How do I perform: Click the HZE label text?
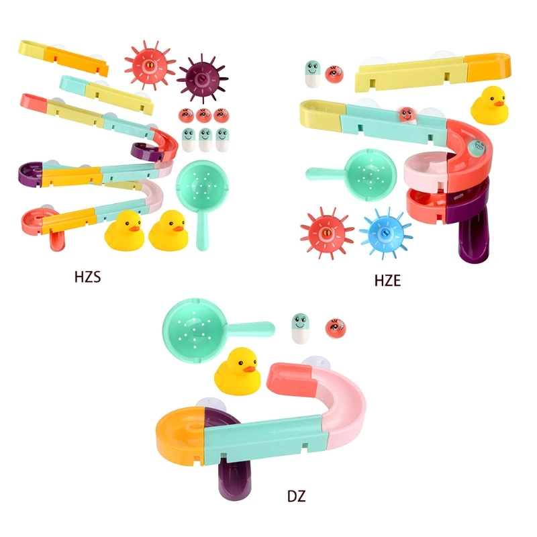(x=387, y=281)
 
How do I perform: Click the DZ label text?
(x=296, y=497)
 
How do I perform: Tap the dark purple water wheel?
(x=199, y=79)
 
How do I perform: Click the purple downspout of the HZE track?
(x=473, y=238)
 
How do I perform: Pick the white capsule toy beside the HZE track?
(x=312, y=72)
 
